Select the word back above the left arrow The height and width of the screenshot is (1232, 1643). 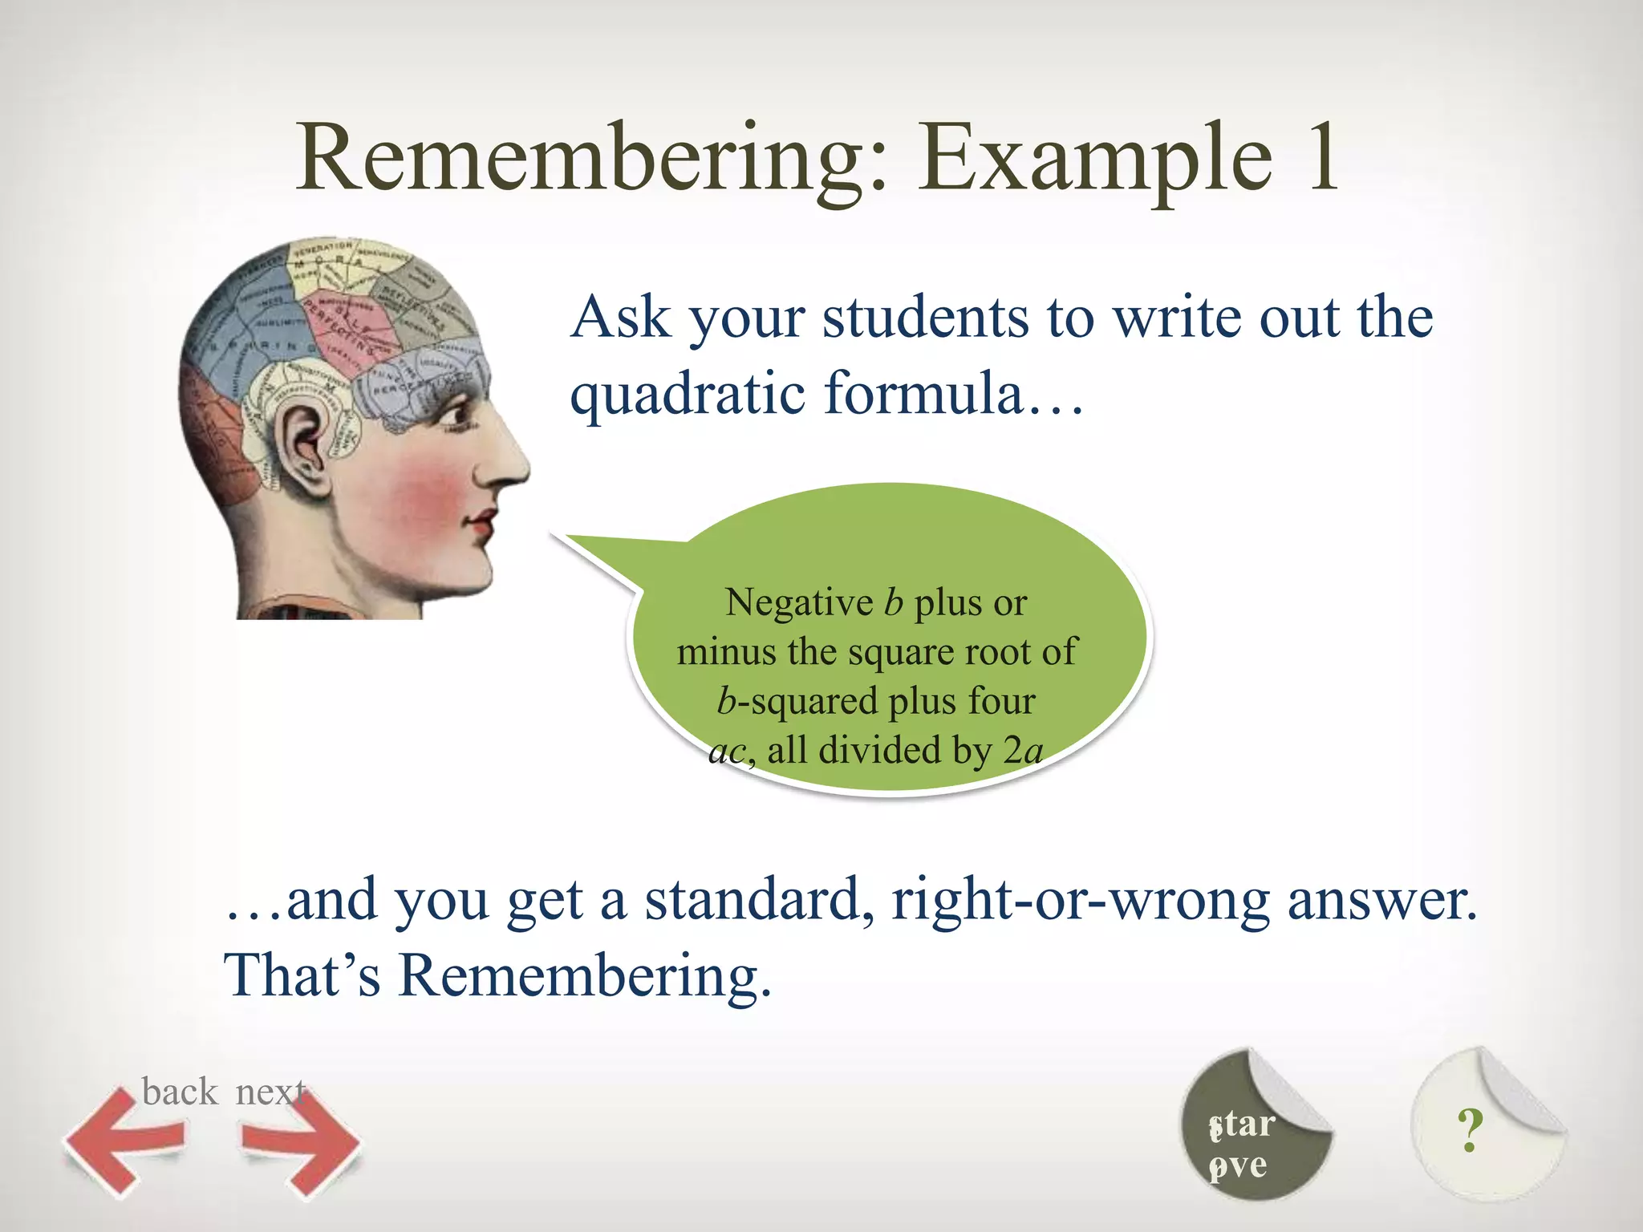tap(179, 1092)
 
